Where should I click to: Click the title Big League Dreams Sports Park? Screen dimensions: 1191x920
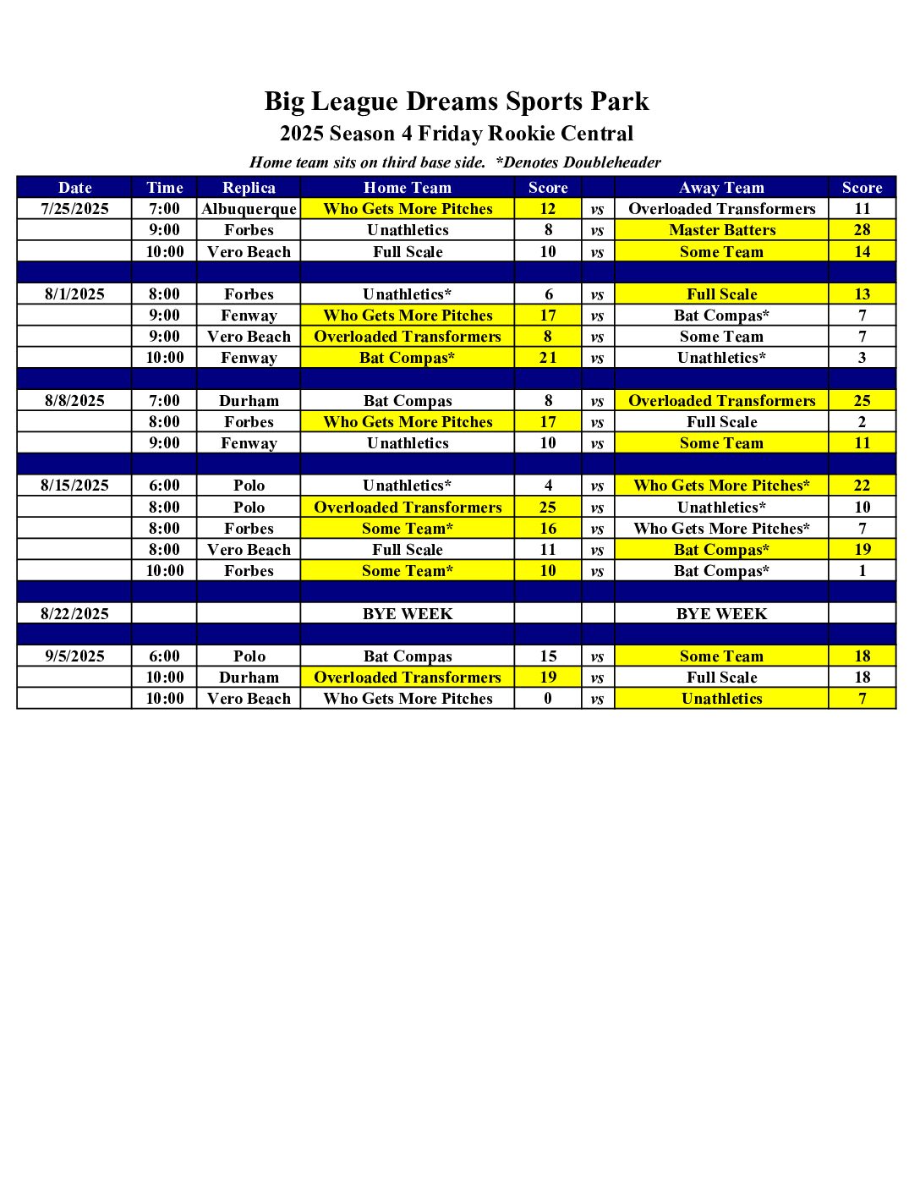coord(457,102)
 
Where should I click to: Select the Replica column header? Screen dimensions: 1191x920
coord(249,188)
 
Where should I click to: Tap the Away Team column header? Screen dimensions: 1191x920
coord(721,188)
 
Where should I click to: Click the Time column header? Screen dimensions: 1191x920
coord(164,188)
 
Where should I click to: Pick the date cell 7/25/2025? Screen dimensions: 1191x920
coord(74,209)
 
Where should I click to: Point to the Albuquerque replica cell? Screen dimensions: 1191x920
coord(249,209)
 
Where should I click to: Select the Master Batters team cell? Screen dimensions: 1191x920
coord(721,230)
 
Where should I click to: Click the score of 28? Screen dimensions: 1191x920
coord(862,230)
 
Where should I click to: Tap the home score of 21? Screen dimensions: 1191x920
coord(548,358)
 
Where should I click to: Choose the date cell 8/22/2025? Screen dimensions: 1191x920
coord(74,614)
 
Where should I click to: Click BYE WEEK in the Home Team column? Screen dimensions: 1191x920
coord(408,614)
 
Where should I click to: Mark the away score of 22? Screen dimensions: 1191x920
coord(862,486)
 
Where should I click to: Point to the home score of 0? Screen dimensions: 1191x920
coord(548,699)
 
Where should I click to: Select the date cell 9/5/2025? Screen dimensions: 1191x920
coord(74,656)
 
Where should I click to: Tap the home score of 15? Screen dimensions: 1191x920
coord(548,656)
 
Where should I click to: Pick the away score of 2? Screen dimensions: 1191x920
coord(862,422)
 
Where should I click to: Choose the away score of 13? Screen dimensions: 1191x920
coord(862,294)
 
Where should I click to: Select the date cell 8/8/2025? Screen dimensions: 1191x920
coord(74,401)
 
